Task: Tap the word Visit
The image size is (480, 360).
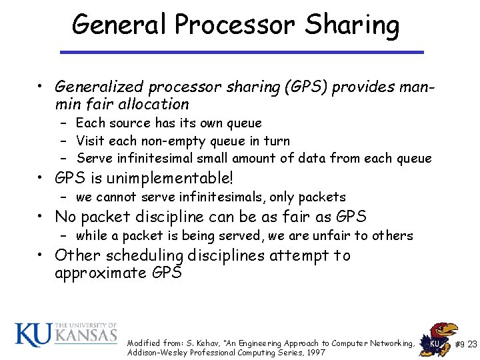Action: pos(90,141)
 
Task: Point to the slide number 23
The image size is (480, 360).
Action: pos(472,344)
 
